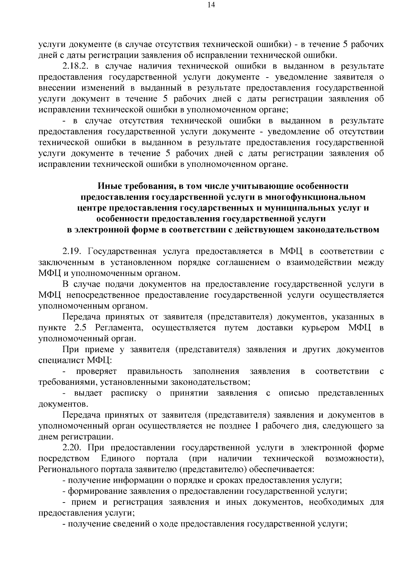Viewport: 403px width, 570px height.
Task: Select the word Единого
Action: pyautogui.click(x=118, y=459)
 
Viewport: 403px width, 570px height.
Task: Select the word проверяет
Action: pyautogui.click(x=96, y=371)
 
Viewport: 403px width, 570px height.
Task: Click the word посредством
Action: pyautogui.click(x=64, y=459)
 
